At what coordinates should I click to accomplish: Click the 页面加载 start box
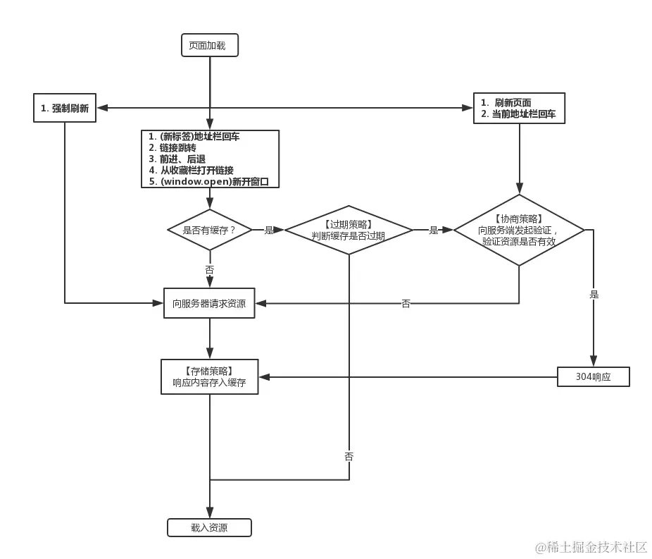coord(209,46)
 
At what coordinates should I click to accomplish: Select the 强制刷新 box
coord(65,109)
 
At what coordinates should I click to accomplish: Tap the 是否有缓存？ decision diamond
coord(209,230)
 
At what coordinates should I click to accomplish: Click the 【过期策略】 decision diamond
coord(349,230)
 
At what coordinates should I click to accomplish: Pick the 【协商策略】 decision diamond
coord(519,230)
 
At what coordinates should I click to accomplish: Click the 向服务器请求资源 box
coord(209,303)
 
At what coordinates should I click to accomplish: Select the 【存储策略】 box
coord(209,376)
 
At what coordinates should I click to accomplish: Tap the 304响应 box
coord(593,377)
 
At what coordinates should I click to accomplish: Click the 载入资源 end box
coord(209,527)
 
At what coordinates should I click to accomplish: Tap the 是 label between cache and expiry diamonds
coord(269,230)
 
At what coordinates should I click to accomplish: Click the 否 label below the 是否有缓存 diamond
coord(209,270)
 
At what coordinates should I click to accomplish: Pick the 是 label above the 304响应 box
coord(594,295)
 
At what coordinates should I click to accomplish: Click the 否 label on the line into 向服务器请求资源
coord(406,304)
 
